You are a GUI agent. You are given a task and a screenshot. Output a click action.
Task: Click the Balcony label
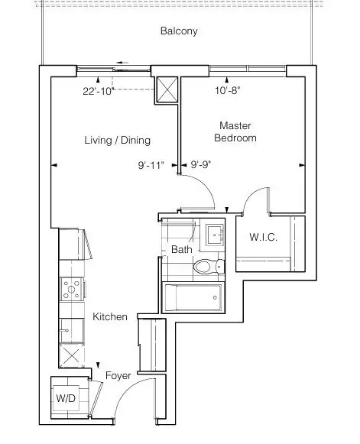pyautogui.click(x=179, y=31)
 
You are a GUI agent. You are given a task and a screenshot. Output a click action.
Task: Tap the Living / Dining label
pyautogui.click(x=117, y=140)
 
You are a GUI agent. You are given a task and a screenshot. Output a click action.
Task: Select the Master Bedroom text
pyautogui.click(x=235, y=131)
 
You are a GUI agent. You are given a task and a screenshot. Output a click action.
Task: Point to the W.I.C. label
pyautogui.click(x=263, y=237)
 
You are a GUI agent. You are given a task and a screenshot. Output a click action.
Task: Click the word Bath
pyautogui.click(x=182, y=249)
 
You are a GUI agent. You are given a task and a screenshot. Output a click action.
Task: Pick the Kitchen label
pyautogui.click(x=110, y=316)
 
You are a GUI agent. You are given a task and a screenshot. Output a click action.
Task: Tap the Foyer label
pyautogui.click(x=118, y=376)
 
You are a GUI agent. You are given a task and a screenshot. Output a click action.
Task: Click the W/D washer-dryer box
pyautogui.click(x=66, y=398)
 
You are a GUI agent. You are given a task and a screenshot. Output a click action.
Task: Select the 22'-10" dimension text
pyautogui.click(x=99, y=91)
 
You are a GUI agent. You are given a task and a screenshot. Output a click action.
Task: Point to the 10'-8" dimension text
pyautogui.click(x=228, y=91)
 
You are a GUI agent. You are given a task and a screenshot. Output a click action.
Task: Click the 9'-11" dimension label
pyautogui.click(x=151, y=165)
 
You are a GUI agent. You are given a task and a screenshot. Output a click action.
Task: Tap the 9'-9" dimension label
pyautogui.click(x=201, y=164)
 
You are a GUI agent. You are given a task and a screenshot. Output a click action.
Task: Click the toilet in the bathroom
pyautogui.click(x=209, y=267)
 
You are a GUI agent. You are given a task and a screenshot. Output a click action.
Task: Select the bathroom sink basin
pyautogui.click(x=215, y=235)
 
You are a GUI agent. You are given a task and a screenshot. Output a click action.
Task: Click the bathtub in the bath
pyautogui.click(x=193, y=297)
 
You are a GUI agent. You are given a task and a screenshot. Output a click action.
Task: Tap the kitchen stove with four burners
pyautogui.click(x=72, y=289)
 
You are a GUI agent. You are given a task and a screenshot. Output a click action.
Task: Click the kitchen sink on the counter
pyautogui.click(x=71, y=330)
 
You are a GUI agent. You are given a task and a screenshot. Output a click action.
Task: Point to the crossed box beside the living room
pyautogui.click(x=167, y=89)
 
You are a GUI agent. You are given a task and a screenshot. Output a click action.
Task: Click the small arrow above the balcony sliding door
pyautogui.click(x=122, y=63)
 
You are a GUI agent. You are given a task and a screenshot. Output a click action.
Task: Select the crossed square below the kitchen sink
pyautogui.click(x=71, y=355)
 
